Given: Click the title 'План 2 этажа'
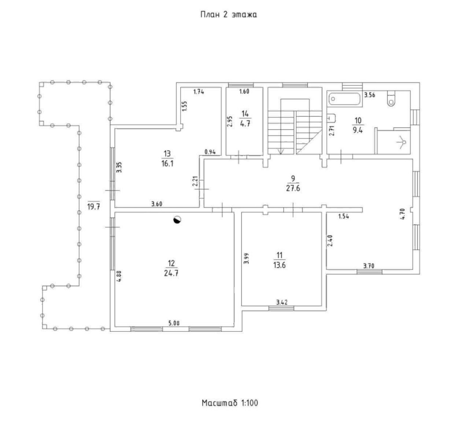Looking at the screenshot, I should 228,15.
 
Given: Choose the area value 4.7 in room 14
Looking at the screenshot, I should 244,124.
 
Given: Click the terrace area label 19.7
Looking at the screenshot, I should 93,206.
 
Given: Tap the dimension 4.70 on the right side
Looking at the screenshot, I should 401,215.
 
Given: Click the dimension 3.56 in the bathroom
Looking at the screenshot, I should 370,95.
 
